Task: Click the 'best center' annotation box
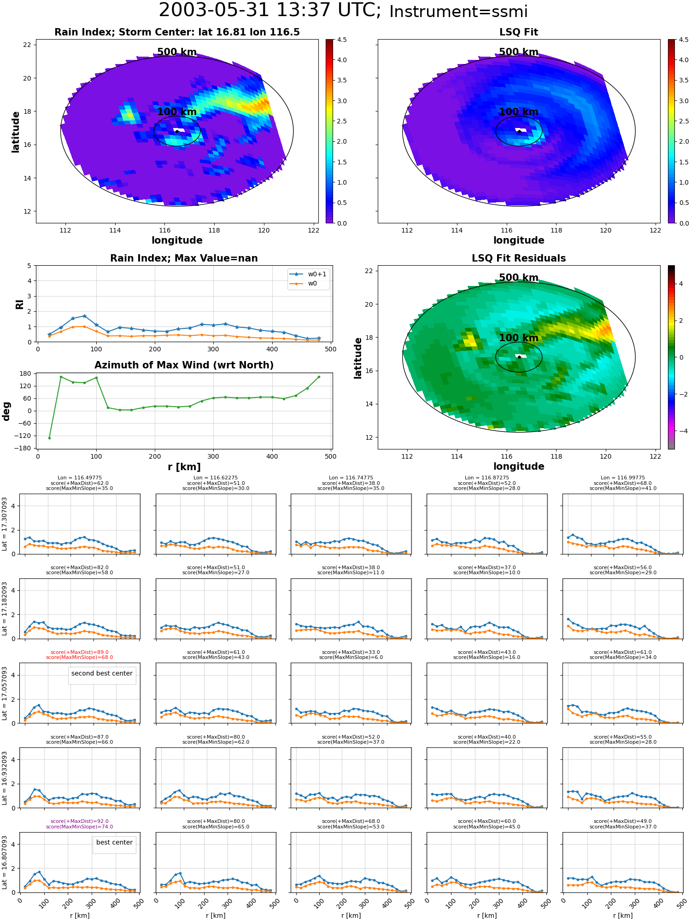[x=114, y=842]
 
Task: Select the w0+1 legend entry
[x=308, y=274]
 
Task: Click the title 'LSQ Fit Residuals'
[x=519, y=258]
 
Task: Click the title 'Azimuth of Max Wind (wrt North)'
[x=184, y=365]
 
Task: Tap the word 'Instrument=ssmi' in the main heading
[x=458, y=12]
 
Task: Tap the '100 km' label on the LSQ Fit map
[x=519, y=112]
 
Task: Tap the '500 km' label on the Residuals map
[x=519, y=278]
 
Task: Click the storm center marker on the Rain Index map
[x=177, y=131]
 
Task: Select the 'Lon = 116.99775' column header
[x=623, y=478]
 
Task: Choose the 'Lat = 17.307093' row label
[x=5, y=524]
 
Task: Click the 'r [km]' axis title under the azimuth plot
[x=184, y=467]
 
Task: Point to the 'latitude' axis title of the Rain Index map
[x=16, y=132]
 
